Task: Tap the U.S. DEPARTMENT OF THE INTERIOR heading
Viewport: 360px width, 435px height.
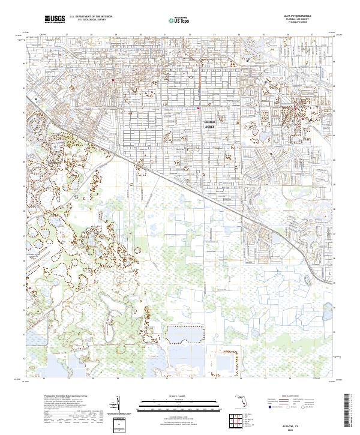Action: [x=91, y=17]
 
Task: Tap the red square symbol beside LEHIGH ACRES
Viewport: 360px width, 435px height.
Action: [x=199, y=109]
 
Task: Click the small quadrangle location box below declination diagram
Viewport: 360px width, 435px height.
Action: [x=119, y=425]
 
